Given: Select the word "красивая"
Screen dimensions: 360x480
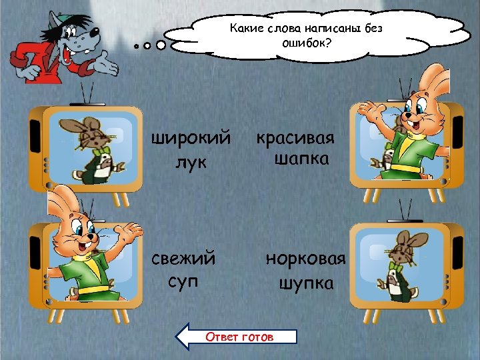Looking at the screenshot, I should coord(295,139).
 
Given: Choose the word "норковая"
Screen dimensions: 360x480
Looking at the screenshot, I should coord(305,258).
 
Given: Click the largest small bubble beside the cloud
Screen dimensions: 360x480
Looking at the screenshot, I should coord(161,46).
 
